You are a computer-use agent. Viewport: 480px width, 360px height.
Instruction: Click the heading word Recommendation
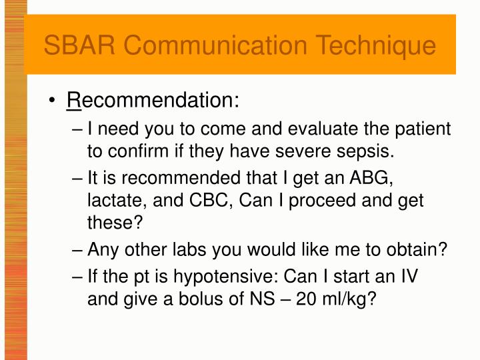click(x=153, y=101)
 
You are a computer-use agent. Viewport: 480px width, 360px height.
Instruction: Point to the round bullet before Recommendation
click(x=52, y=102)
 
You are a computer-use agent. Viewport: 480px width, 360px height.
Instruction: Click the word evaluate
click(x=320, y=129)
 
